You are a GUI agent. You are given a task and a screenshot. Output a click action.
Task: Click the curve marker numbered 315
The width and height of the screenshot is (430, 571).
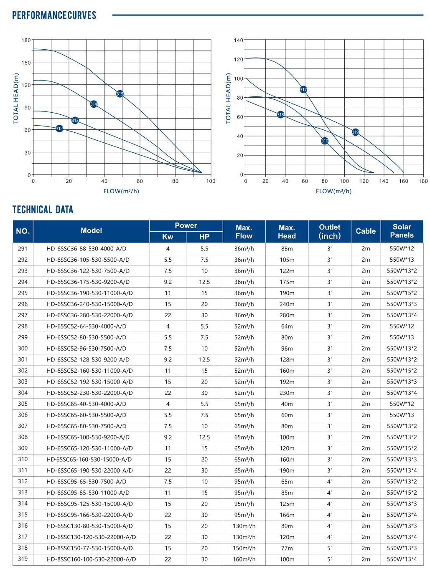click(120, 93)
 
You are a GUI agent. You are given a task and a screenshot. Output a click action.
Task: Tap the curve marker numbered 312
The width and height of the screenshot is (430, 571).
click(59, 129)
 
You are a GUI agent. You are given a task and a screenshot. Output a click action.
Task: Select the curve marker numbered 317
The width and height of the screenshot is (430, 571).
click(303, 89)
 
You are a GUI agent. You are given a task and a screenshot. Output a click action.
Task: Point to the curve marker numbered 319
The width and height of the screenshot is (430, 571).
click(355, 132)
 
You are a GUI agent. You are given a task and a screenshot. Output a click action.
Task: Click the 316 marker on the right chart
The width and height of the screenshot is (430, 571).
click(325, 141)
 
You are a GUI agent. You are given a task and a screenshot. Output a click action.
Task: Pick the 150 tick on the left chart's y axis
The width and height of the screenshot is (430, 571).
click(26, 63)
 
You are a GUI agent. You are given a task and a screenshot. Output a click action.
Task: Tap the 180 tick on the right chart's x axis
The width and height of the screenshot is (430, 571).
click(423, 181)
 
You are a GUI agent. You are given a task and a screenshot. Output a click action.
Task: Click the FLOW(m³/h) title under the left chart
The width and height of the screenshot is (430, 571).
click(121, 191)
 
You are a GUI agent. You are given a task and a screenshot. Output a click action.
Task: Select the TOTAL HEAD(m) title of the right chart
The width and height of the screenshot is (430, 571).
click(228, 99)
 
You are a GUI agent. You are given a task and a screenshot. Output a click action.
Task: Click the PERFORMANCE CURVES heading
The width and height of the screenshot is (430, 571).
click(54, 15)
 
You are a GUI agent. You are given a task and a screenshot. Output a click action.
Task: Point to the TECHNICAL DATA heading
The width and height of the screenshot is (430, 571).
click(43, 210)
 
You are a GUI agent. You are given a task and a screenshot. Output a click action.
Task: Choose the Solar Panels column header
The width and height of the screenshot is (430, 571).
click(402, 231)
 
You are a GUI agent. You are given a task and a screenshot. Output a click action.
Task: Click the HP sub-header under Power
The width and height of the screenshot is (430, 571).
click(204, 237)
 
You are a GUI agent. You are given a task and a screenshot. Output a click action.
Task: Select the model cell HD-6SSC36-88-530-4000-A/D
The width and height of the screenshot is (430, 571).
click(87, 249)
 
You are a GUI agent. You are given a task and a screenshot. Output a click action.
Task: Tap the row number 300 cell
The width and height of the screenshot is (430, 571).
click(23, 349)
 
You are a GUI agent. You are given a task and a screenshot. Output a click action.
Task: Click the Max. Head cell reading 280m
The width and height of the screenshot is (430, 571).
click(287, 315)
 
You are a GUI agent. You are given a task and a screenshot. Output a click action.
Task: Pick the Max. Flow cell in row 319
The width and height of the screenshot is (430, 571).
click(244, 559)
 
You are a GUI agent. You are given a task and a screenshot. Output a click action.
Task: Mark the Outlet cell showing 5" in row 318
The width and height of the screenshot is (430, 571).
click(330, 548)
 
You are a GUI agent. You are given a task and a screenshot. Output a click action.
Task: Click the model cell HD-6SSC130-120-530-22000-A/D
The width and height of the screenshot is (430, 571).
click(91, 537)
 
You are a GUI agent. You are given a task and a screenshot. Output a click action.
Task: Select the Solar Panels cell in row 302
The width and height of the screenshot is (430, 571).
click(402, 371)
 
